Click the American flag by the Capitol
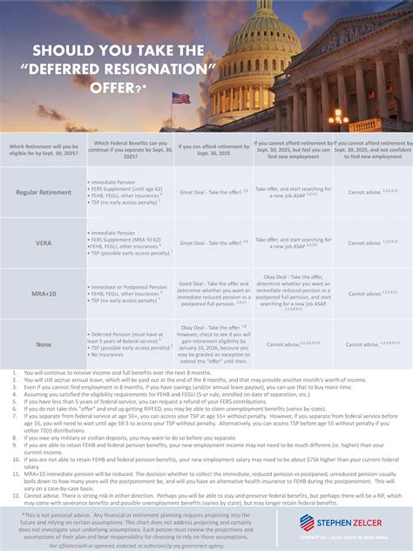coord(180,99)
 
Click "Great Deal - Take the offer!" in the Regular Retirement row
coord(212,192)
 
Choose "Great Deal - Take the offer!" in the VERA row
coord(212,241)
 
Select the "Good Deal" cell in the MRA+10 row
coord(213,294)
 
